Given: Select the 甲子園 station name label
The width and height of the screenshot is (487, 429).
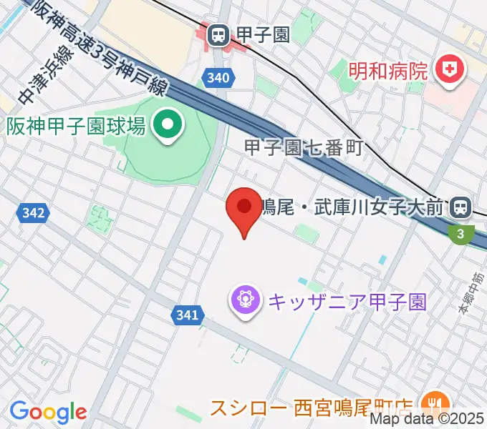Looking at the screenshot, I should pyautogui.click(x=264, y=34).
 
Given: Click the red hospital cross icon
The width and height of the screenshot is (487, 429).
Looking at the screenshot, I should pyautogui.click(x=450, y=71).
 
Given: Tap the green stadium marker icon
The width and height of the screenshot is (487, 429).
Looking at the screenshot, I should pyautogui.click(x=168, y=127).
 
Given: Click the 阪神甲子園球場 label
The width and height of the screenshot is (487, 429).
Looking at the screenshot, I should pyautogui.click(x=77, y=127).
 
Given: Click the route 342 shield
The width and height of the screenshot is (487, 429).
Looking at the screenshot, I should pyautogui.click(x=34, y=212).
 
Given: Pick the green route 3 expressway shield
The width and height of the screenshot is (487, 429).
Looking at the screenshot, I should pyautogui.click(x=462, y=232).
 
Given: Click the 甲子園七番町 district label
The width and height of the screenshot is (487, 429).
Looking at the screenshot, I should pyautogui.click(x=304, y=149).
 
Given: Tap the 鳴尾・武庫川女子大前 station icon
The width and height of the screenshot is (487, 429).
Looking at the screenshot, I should pyautogui.click(x=460, y=207).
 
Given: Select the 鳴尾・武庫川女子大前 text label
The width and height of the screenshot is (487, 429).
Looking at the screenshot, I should pyautogui.click(x=352, y=207).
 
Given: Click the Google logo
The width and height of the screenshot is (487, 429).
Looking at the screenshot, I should pyautogui.click(x=48, y=411).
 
